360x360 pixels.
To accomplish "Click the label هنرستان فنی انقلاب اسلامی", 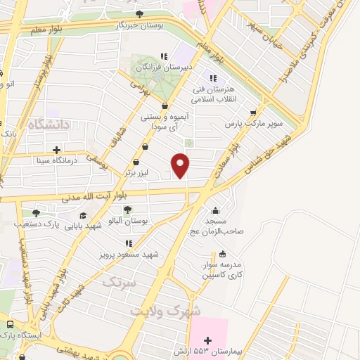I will [x=213, y=94].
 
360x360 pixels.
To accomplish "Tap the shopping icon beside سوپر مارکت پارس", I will [x=253, y=112].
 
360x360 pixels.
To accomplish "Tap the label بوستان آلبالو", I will [x=127, y=221].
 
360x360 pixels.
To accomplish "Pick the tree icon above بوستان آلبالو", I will [x=127, y=210].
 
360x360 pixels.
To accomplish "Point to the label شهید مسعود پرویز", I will [x=124, y=250].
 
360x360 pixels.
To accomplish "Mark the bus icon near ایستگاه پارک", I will [x=10, y=324].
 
